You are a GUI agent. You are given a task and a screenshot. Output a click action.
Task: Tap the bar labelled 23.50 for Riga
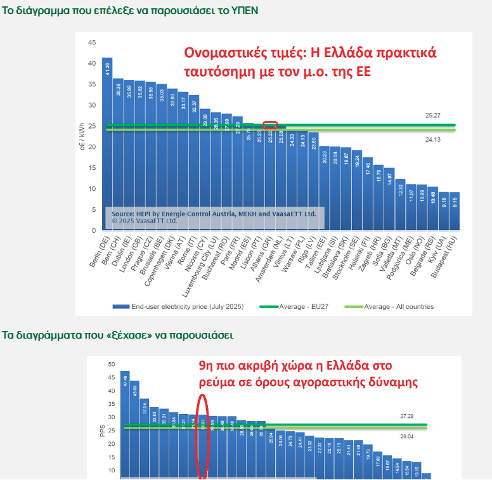[313, 181]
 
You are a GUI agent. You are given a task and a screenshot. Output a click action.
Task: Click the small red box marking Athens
[270, 125]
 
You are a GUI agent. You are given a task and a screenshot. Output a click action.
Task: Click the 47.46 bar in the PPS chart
[124, 425]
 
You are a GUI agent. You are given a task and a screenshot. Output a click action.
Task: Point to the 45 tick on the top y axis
[91, 42]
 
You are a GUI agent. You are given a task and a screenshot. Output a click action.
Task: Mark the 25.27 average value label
[433, 115]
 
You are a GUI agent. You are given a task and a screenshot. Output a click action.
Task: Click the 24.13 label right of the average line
[433, 139]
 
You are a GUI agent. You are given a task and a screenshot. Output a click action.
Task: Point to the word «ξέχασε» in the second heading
[111, 335]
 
